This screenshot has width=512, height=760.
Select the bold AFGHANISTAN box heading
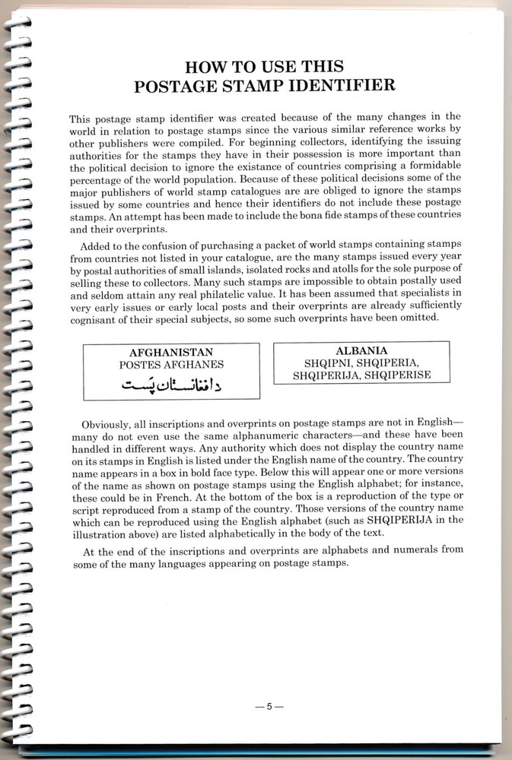pyautogui.click(x=170, y=353)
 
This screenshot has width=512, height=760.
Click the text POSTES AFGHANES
pyautogui.click(x=170, y=365)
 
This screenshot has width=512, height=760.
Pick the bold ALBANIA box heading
pyautogui.click(x=361, y=351)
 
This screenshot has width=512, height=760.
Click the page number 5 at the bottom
pyautogui.click(x=269, y=707)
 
